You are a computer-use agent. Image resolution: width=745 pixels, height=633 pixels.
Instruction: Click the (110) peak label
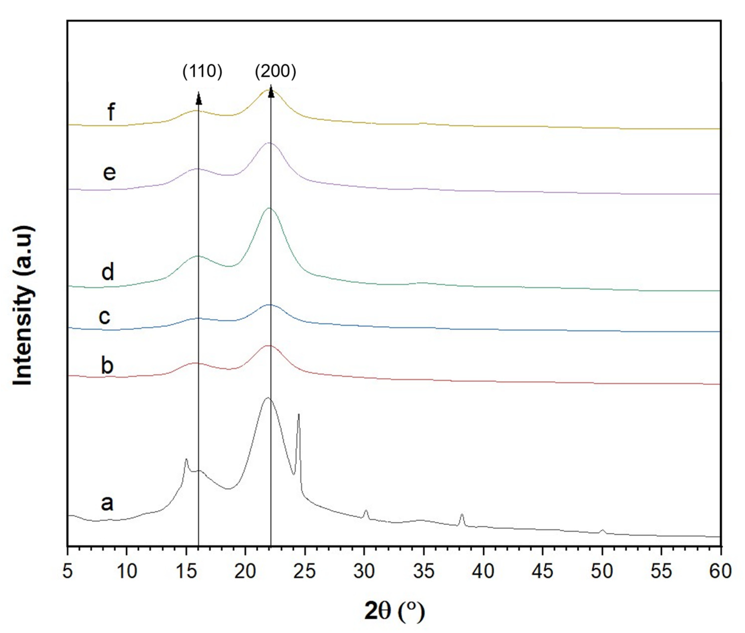click(x=202, y=72)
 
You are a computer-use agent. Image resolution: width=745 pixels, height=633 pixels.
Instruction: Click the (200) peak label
click(x=276, y=72)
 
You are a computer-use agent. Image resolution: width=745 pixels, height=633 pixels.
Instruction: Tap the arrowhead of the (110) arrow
click(x=198, y=98)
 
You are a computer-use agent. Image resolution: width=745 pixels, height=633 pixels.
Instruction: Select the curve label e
click(x=109, y=173)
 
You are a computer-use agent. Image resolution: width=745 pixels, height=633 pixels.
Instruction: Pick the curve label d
click(x=108, y=272)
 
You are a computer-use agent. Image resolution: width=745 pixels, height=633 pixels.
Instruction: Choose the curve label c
click(x=105, y=316)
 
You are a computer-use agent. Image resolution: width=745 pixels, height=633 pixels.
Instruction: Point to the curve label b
click(x=107, y=366)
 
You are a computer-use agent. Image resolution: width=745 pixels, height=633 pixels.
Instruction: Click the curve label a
click(x=107, y=502)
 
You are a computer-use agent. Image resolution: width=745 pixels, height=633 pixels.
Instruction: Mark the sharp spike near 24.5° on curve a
click(x=298, y=416)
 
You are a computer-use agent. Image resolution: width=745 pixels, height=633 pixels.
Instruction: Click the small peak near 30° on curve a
click(x=366, y=511)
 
